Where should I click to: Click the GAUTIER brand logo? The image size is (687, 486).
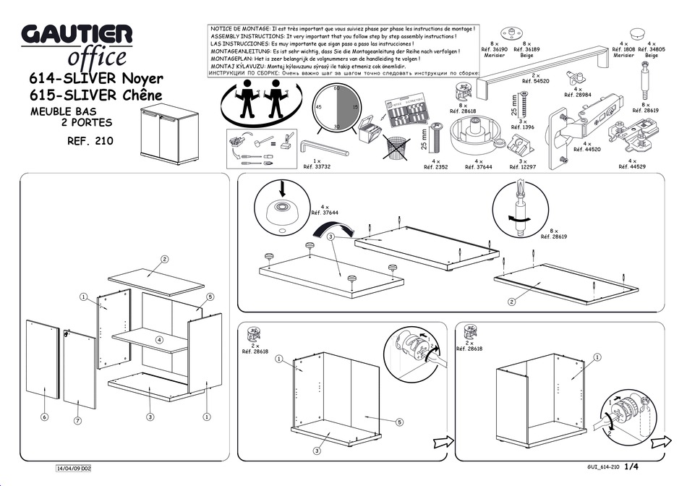(x=77, y=35)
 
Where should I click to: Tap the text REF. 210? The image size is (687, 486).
(x=90, y=142)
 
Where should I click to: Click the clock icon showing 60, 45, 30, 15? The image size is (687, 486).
(x=336, y=107)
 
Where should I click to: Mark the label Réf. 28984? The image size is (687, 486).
(x=577, y=95)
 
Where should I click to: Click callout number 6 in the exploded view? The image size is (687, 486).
(x=44, y=417)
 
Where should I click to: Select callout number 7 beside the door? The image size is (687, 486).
(x=77, y=420)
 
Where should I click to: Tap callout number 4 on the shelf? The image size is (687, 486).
(x=160, y=339)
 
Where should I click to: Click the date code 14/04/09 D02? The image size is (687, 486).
(x=74, y=468)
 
